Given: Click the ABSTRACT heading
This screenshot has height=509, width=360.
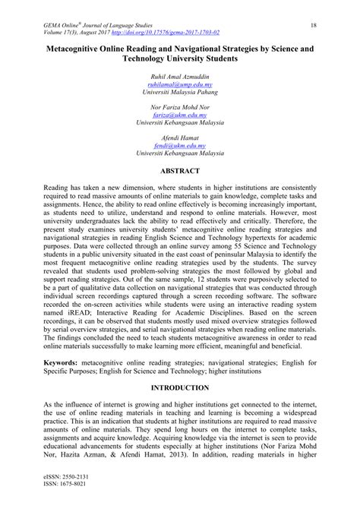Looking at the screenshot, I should pyautogui.click(x=179, y=172).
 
